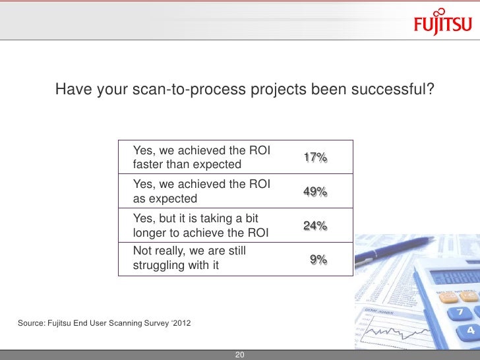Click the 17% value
coord(315,158)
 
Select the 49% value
coord(315,192)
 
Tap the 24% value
coord(315,226)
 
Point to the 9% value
coord(318,260)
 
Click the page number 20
coord(240,355)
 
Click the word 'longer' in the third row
coord(152,233)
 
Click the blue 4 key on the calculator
coord(471,329)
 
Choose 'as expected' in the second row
coord(165,198)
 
